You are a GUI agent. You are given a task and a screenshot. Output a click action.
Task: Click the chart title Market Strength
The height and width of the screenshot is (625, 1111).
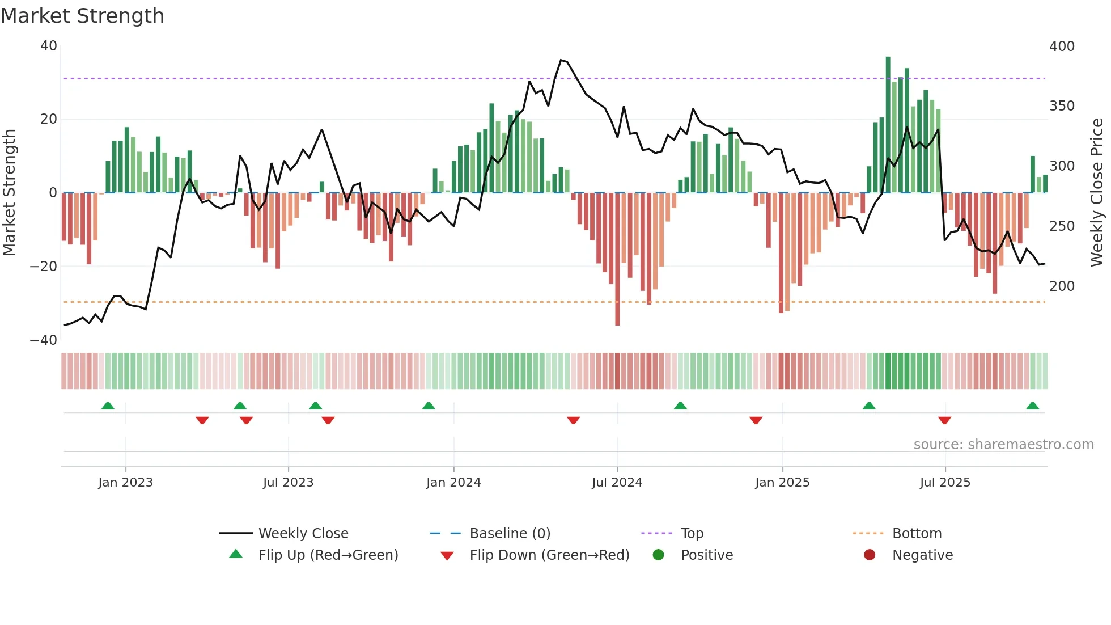click(82, 16)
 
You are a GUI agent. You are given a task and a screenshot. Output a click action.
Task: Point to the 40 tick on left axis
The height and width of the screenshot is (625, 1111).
click(49, 46)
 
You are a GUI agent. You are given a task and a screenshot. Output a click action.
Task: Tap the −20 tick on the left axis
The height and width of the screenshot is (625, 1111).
click(44, 267)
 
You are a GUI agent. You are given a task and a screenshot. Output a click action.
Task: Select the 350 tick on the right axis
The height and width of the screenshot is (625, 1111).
click(1062, 106)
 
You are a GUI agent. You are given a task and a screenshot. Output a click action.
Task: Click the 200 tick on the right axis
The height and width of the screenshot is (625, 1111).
click(1062, 286)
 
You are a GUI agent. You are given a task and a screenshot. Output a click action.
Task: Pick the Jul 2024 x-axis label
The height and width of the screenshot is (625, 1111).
click(617, 483)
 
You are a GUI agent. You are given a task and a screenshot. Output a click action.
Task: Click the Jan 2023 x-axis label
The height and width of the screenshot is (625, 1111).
click(125, 483)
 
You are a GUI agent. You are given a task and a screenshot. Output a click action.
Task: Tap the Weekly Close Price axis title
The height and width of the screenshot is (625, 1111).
click(1097, 193)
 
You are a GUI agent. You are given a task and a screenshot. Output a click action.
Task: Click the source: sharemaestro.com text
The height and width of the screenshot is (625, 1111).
click(1003, 445)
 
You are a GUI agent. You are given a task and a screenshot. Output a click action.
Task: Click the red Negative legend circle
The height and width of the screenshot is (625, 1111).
click(870, 555)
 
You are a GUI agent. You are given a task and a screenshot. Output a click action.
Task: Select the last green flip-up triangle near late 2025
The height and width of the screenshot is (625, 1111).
click(1032, 406)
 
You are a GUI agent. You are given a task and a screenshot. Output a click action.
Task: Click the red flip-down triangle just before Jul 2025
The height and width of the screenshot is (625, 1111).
click(944, 420)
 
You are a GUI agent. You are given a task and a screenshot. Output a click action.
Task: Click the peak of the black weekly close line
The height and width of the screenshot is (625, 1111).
click(561, 60)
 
